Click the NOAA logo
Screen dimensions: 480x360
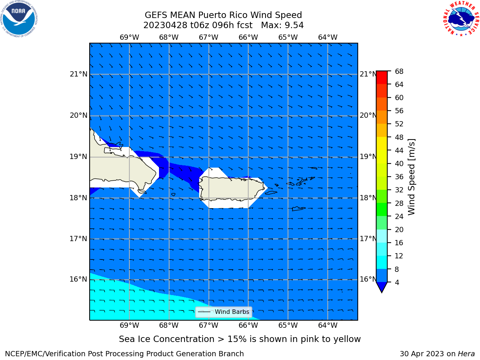[x=19, y=19]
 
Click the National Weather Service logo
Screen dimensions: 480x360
[x=461, y=18]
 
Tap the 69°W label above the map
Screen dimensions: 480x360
[x=129, y=37]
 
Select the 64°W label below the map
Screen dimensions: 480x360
[x=328, y=325]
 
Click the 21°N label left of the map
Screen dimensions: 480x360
[x=78, y=74]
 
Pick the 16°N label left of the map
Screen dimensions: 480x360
[x=78, y=279]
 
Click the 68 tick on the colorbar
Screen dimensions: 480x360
[x=399, y=72]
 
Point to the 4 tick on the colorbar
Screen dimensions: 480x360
[x=397, y=282]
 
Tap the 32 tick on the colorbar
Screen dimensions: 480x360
[x=399, y=190]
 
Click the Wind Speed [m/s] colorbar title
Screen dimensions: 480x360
[x=411, y=177]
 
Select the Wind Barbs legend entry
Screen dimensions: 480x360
[x=224, y=312]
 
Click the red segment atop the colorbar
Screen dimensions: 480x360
[x=382, y=78]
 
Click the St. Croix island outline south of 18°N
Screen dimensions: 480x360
[x=299, y=209]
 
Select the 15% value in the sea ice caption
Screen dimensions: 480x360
[x=237, y=339]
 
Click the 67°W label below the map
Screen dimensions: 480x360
[x=208, y=325]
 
